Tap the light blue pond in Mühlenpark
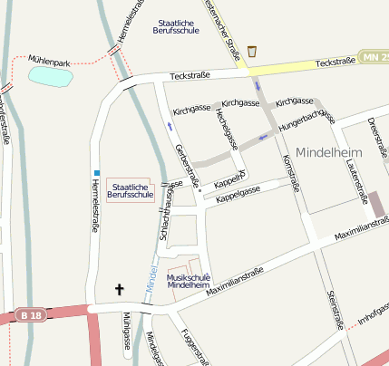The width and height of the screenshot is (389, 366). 50,76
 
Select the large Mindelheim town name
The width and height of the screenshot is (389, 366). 328,153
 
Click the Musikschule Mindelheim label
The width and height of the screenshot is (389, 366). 190,281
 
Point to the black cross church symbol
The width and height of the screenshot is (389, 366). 118,290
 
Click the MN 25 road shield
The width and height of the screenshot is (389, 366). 374,58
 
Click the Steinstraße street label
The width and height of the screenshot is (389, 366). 333,309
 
